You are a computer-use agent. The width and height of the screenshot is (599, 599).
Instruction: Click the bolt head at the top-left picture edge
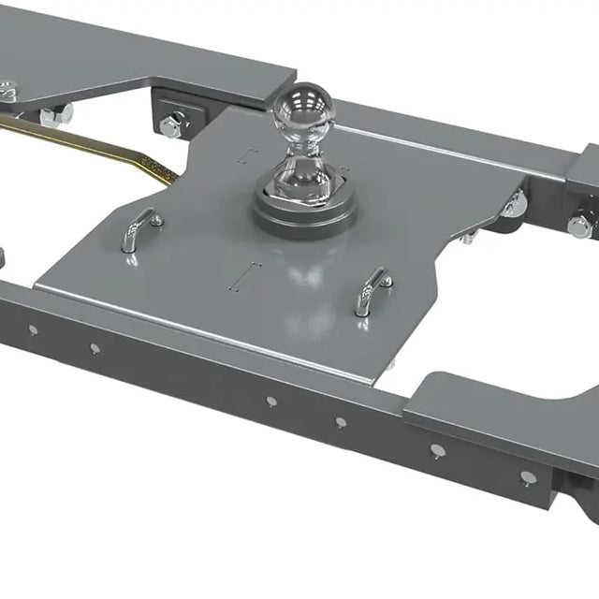point(7,91)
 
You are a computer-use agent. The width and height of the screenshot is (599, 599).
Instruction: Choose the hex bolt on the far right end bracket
point(579,226)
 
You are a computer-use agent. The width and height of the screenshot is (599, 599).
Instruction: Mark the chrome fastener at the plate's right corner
point(513,204)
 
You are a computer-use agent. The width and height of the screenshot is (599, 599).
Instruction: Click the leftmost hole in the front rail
point(33,329)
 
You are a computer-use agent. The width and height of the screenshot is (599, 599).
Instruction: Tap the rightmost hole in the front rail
point(530,476)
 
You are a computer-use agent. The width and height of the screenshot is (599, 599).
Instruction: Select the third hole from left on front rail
point(271,401)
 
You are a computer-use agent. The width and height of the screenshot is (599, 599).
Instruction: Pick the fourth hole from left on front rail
point(341,421)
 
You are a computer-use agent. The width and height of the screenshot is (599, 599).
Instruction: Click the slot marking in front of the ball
point(246,275)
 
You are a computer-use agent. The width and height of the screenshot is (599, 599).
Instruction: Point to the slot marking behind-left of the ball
point(247,153)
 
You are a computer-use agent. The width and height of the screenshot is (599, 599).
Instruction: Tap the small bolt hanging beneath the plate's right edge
point(466,239)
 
